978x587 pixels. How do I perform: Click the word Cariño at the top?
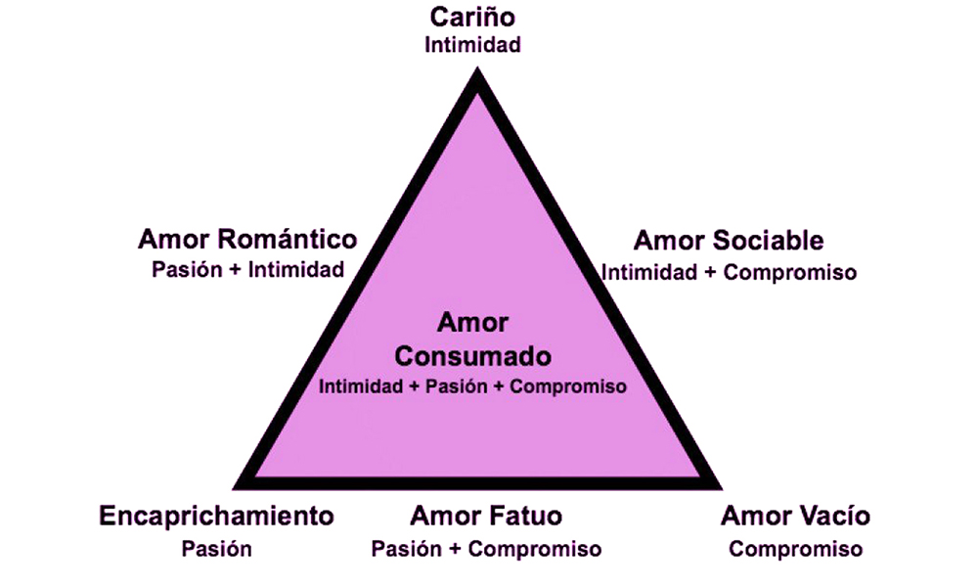(x=472, y=17)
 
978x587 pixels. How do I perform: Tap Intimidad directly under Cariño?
(x=472, y=45)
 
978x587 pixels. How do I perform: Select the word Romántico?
(x=288, y=239)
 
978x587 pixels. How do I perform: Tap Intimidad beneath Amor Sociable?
(x=648, y=273)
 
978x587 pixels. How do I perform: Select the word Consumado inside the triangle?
(x=472, y=356)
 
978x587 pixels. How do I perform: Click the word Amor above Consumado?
(x=472, y=323)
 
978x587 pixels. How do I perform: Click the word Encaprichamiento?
(x=216, y=516)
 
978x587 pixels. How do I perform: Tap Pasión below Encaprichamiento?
(x=216, y=549)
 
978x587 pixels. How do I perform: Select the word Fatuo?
(x=527, y=516)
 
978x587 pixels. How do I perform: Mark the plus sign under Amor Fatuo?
(x=455, y=550)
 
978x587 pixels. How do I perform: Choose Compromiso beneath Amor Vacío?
(x=795, y=550)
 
